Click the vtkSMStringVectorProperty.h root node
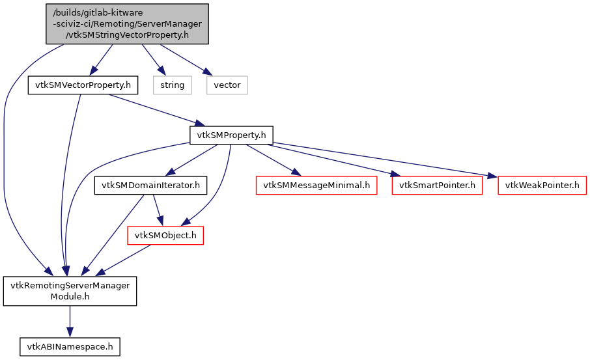click(128, 24)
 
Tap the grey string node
click(172, 85)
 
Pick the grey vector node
click(227, 85)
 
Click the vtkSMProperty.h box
click(231, 135)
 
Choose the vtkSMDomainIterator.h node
click(150, 186)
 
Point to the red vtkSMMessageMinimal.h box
click(316, 186)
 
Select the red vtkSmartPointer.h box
click(437, 186)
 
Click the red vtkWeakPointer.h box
click(542, 186)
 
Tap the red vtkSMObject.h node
click(165, 235)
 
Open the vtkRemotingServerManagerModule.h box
click(70, 291)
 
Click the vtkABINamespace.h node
click(70, 346)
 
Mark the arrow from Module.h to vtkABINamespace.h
click(70, 321)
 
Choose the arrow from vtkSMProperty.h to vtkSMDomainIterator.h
click(192, 160)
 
